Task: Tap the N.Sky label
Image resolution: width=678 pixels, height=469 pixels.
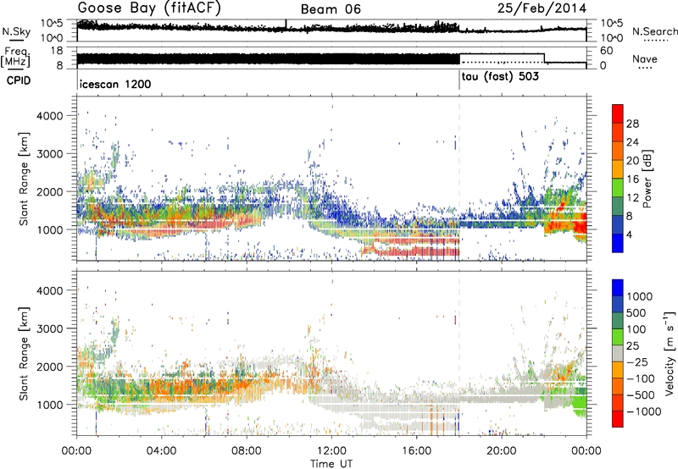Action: pos(14,30)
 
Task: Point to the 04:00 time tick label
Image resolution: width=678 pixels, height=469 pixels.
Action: pos(161,450)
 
